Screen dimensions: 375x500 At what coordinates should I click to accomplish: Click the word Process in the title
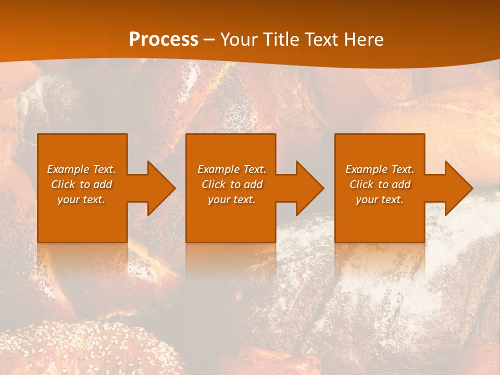pos(164,40)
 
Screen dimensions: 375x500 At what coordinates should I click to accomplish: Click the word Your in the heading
pos(239,40)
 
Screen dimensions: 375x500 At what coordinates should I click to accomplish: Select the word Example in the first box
pos(68,169)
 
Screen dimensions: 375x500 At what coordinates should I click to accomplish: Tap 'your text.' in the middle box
pos(231,199)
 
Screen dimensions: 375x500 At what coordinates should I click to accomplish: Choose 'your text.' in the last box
pos(379,199)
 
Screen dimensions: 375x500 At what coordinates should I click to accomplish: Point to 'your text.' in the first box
pos(81,199)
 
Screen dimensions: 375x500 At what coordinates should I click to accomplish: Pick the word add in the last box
pos(401,184)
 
